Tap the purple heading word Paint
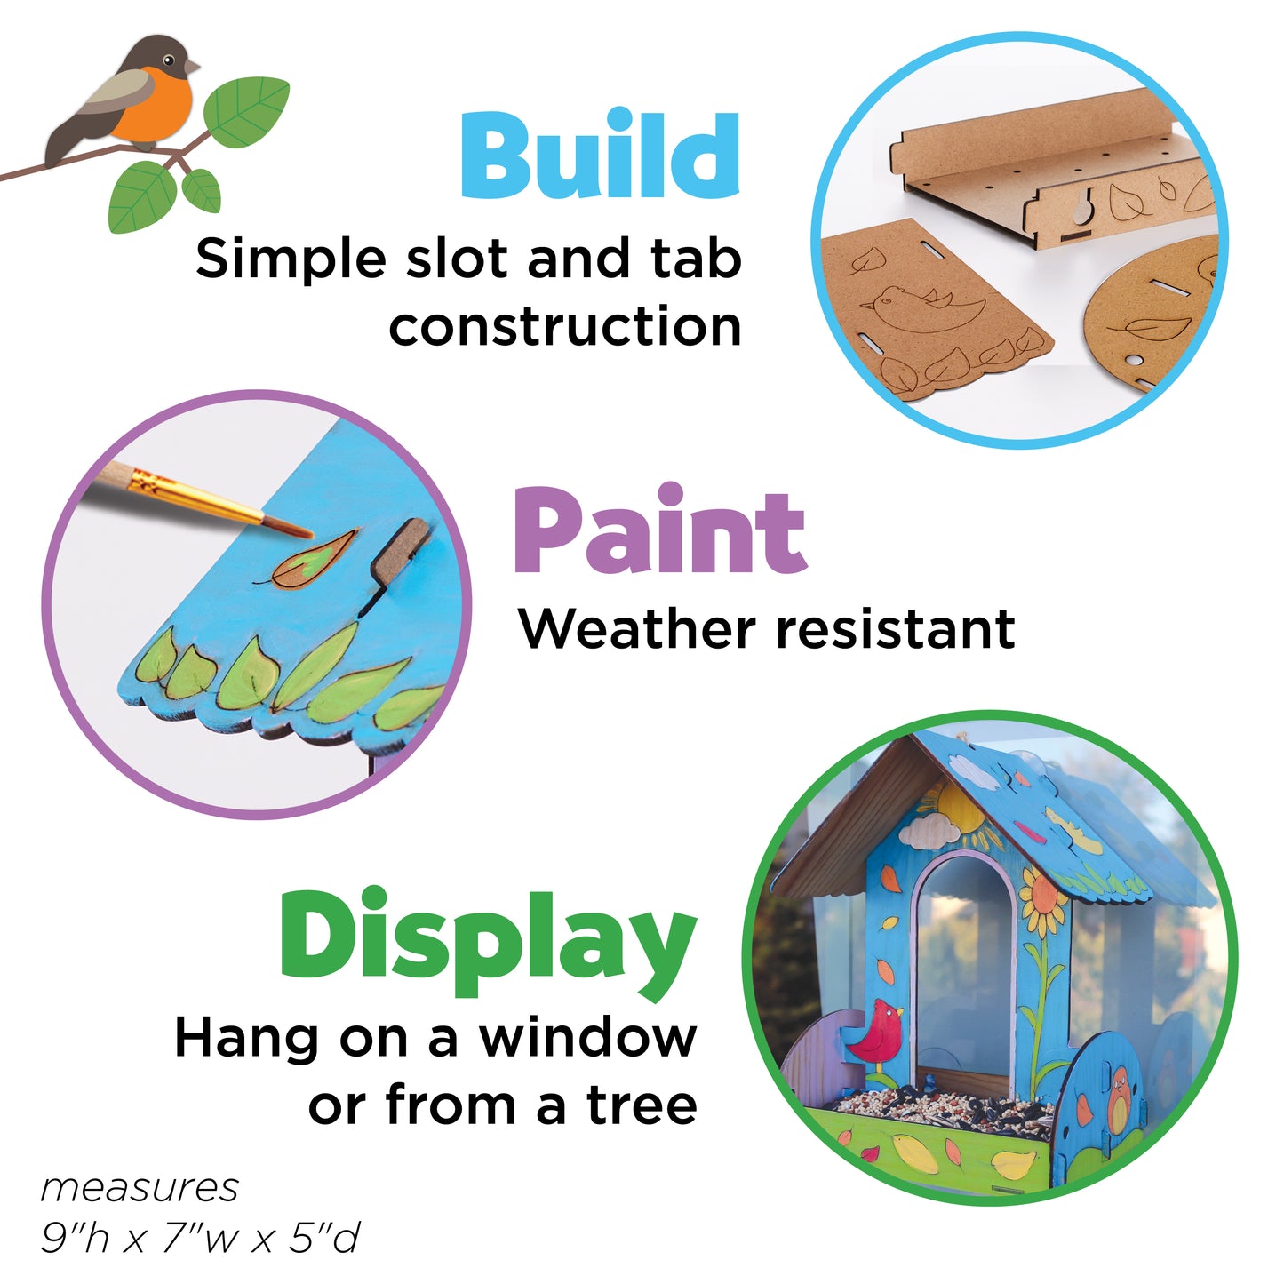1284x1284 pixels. [x=659, y=530]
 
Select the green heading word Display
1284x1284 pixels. [x=488, y=946]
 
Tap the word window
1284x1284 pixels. [x=588, y=1038]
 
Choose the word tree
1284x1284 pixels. [x=642, y=1106]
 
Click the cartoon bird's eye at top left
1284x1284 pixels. [x=168, y=60]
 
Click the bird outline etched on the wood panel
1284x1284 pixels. [x=923, y=307]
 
